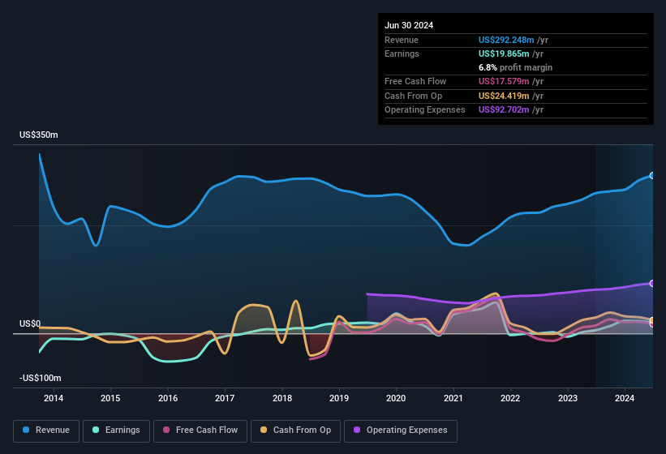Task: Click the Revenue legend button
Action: click(x=47, y=430)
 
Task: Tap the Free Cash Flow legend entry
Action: click(x=200, y=430)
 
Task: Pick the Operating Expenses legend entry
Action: click(x=401, y=430)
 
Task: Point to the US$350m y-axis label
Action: click(x=39, y=135)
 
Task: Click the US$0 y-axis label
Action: click(x=30, y=323)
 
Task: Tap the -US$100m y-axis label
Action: click(x=41, y=379)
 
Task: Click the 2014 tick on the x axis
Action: click(x=54, y=398)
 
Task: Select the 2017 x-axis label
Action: click(x=225, y=398)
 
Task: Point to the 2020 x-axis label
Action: click(x=396, y=398)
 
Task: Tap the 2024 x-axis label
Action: click(x=625, y=398)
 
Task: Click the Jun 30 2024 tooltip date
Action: click(x=409, y=25)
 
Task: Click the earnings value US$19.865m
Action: click(x=505, y=54)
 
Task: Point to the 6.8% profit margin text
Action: click(x=515, y=67)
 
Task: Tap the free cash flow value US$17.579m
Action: click(x=505, y=82)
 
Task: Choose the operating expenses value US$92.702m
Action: click(x=505, y=109)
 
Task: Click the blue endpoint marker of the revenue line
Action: click(x=652, y=175)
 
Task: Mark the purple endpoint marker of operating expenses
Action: click(x=652, y=283)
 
